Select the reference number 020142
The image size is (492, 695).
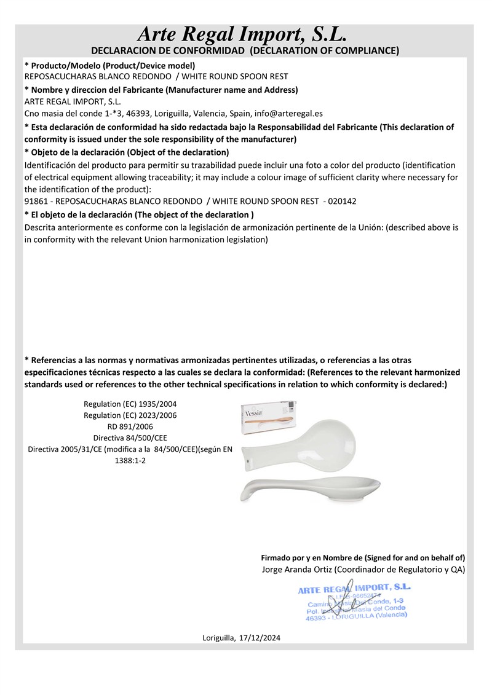click(x=343, y=201)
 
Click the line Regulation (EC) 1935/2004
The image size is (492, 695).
click(x=130, y=404)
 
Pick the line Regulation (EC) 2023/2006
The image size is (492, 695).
click(x=130, y=415)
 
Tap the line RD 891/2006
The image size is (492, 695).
click(x=130, y=426)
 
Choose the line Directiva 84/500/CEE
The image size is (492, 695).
click(x=130, y=438)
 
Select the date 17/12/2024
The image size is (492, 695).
click(x=260, y=638)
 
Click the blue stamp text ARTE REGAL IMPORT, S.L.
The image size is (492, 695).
click(x=354, y=589)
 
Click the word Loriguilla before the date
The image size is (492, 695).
click(x=218, y=638)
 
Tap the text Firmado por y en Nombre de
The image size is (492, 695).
click(x=312, y=557)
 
